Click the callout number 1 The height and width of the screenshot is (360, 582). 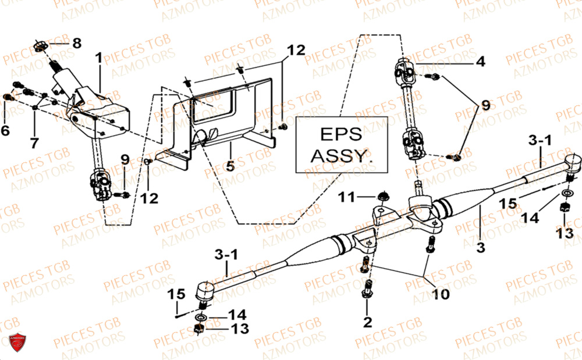tap(98, 58)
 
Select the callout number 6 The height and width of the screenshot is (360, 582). tap(5, 131)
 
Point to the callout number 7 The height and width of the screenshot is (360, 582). tap(34, 142)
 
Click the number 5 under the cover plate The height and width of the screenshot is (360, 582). tap(230, 166)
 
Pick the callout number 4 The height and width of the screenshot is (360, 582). tap(480, 60)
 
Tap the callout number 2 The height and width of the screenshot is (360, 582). tap(367, 322)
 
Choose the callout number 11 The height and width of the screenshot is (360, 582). tap(347, 198)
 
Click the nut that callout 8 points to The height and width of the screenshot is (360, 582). tap(41, 45)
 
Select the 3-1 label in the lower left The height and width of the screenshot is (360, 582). tap(226, 255)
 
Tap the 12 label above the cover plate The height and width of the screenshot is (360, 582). tap(296, 50)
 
